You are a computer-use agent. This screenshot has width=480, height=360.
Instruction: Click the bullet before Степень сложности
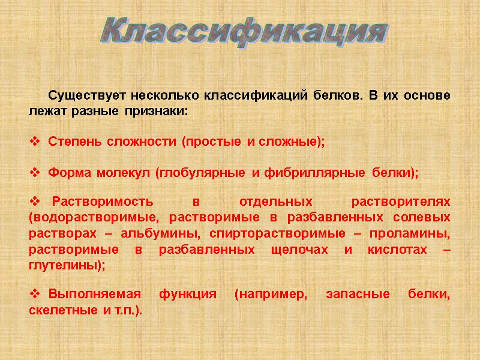(34, 142)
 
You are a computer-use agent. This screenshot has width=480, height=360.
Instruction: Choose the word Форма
(66, 173)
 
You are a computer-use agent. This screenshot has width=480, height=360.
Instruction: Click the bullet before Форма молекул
(34, 173)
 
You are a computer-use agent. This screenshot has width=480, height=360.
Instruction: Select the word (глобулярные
(200, 173)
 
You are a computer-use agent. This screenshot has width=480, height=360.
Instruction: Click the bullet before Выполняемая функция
(34, 295)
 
